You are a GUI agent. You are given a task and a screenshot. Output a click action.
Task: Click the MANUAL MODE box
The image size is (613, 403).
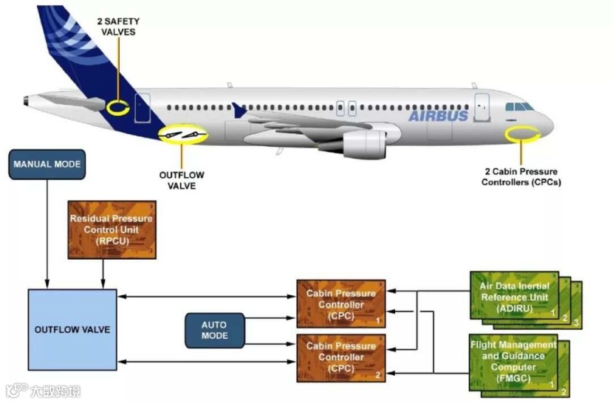[47, 164]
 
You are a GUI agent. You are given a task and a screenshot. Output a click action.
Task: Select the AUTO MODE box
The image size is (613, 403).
[213, 330]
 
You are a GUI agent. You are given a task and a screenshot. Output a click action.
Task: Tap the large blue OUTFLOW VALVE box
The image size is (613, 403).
[72, 329]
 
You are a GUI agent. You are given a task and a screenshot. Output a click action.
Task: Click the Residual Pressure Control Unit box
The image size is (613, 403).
[111, 230]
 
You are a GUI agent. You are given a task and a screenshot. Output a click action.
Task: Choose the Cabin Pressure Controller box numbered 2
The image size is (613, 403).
[340, 356]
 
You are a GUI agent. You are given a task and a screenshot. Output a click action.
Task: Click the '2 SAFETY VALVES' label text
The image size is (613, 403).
[118, 27]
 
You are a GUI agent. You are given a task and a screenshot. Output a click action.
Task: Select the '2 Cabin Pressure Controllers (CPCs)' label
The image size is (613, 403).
[521, 176]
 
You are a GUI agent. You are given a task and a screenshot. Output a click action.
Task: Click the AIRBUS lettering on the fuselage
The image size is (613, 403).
[438, 116]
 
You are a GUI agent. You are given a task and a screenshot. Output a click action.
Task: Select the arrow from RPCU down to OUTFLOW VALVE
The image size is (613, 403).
[103, 273]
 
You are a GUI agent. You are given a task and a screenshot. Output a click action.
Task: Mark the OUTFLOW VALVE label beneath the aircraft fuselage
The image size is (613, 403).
[182, 180]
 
